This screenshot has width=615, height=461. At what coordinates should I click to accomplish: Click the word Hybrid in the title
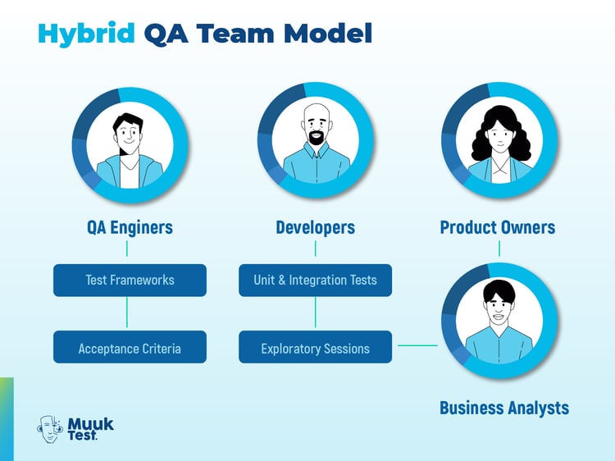click(86, 33)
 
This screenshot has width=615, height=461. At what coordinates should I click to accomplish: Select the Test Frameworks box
click(130, 280)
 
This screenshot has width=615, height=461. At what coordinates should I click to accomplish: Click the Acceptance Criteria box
click(130, 348)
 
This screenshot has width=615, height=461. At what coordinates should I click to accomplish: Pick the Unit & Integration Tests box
click(315, 280)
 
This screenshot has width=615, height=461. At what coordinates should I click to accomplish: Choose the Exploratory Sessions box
click(315, 348)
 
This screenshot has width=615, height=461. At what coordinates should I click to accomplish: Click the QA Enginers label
click(130, 227)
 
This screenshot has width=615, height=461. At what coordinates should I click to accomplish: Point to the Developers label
click(315, 227)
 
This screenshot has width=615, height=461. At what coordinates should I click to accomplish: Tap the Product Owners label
click(498, 227)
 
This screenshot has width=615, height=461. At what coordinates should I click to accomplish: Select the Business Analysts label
click(503, 407)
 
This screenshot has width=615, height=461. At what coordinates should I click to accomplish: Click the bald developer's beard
click(316, 139)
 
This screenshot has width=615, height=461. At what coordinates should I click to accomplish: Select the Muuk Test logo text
click(90, 428)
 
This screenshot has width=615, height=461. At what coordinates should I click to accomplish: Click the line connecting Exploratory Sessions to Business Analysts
click(417, 345)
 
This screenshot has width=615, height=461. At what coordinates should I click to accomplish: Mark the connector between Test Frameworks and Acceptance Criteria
click(127, 313)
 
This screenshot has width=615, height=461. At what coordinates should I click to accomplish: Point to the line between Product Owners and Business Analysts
click(499, 247)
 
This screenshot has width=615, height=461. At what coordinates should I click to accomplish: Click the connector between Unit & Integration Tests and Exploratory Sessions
click(315, 313)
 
